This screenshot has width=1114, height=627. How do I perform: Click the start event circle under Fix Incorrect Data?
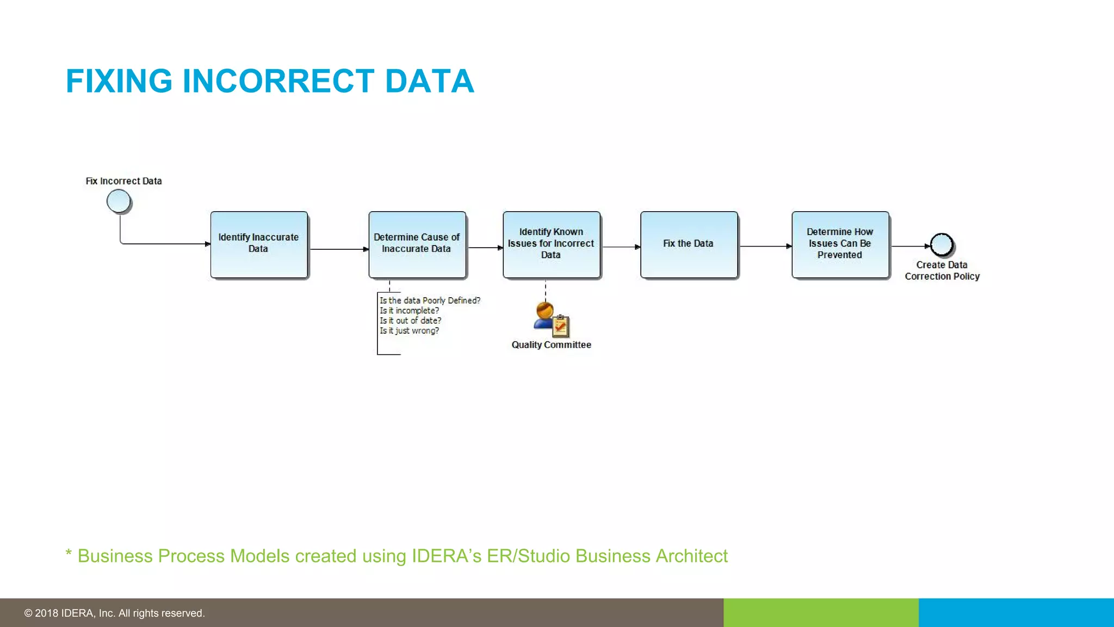[119, 201]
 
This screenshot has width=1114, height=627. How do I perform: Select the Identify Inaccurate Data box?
[259, 244]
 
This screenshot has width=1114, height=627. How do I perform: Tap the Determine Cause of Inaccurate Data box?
[417, 244]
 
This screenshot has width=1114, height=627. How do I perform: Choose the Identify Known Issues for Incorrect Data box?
[551, 244]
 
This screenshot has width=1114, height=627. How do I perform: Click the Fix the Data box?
[689, 244]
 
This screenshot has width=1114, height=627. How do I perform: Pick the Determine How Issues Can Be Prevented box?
[840, 244]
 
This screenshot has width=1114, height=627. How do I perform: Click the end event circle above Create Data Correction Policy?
[942, 245]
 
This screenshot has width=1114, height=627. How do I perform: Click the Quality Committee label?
[551, 345]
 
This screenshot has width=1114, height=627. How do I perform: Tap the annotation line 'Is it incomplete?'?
[409, 311]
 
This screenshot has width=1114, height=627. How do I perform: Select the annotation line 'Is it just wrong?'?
[409, 331]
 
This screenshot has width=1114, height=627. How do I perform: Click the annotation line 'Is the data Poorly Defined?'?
[430, 300]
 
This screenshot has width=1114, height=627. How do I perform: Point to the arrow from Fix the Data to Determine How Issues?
[765, 247]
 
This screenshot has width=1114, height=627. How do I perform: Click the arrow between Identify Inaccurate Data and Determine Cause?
[338, 249]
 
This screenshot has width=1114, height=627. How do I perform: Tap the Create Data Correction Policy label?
[942, 271]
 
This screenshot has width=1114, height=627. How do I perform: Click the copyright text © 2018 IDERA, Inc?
[114, 613]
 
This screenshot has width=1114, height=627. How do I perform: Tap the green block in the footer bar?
[821, 613]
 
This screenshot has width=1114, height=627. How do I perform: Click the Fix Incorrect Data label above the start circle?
[123, 181]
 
